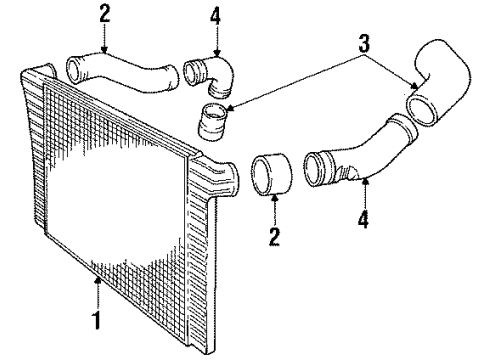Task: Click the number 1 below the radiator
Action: click(96, 323)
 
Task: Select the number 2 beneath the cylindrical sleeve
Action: click(274, 237)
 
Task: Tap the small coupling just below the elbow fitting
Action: click(215, 126)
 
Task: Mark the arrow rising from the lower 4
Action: click(364, 193)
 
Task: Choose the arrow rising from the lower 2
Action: click(273, 212)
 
